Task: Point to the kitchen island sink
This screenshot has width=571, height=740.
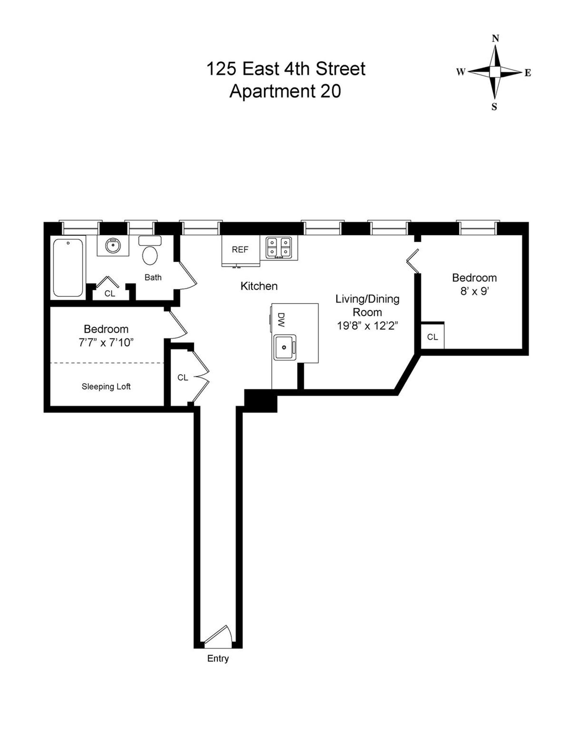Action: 285,347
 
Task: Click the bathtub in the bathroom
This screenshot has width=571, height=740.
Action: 68,268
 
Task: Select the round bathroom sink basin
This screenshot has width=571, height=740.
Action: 112,246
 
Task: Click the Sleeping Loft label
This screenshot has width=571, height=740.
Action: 106,387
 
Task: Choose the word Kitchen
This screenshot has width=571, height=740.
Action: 259,286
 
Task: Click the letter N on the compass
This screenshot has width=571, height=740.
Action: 496,39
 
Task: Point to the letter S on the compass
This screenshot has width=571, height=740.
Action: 495,108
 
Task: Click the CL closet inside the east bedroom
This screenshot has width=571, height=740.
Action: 432,337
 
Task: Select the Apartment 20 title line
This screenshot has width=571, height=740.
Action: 285,91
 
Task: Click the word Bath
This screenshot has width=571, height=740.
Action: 153,277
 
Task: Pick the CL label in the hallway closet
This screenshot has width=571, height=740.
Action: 183,378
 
